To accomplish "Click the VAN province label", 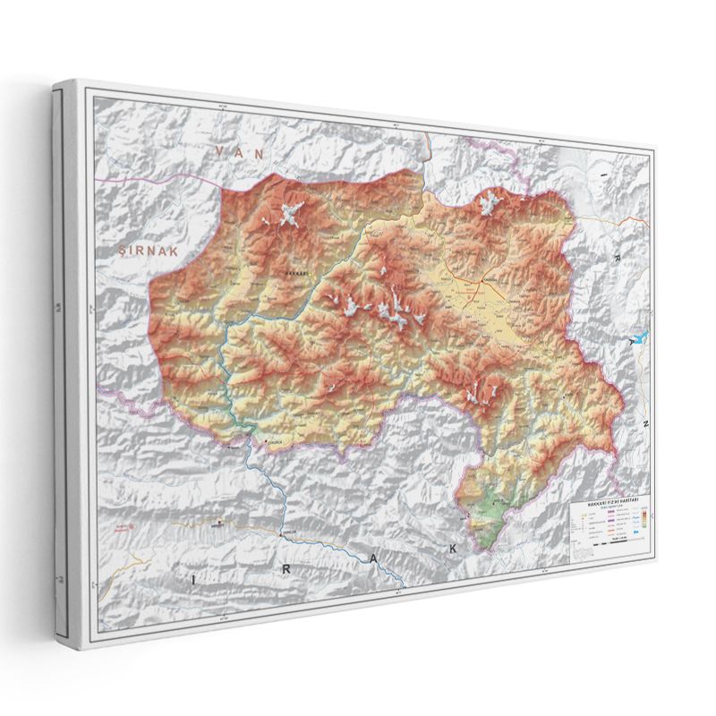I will click(236, 153).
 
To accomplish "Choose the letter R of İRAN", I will click(617, 258).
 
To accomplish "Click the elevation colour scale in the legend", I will click(642, 519).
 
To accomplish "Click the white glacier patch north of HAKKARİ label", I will click(290, 215).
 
